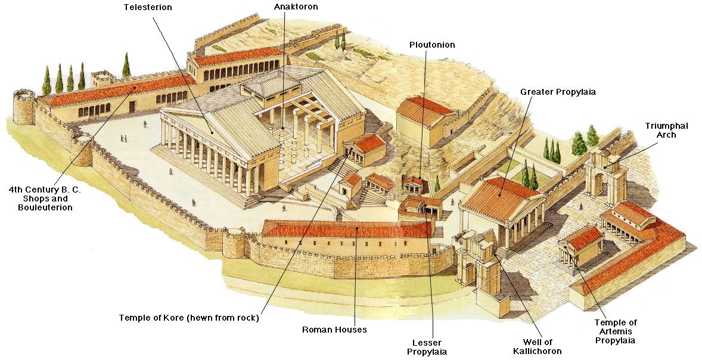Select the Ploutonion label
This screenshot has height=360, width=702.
tap(432, 45)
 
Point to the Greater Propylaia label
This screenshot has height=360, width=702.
tap(558, 92)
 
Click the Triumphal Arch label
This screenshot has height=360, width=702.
tap(666, 130)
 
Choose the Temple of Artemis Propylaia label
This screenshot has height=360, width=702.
tap(615, 331)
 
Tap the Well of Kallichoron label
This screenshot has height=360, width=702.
tap(537, 346)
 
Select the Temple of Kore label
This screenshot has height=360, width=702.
tap(188, 318)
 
